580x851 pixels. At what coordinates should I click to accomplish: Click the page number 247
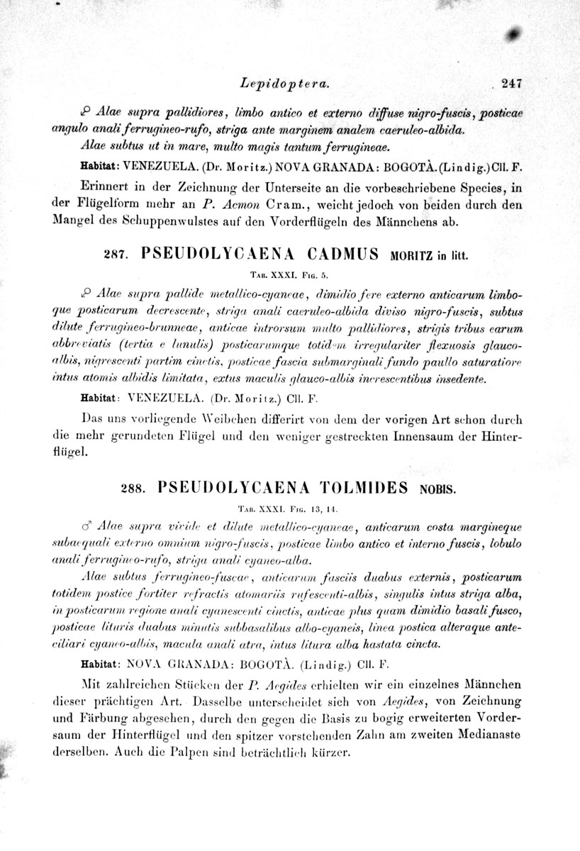(x=511, y=83)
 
